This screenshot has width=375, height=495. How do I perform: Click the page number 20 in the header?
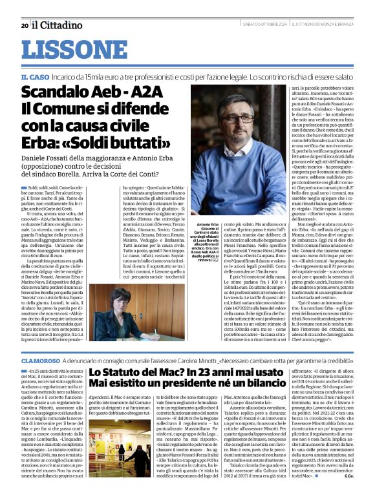point(25,25)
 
